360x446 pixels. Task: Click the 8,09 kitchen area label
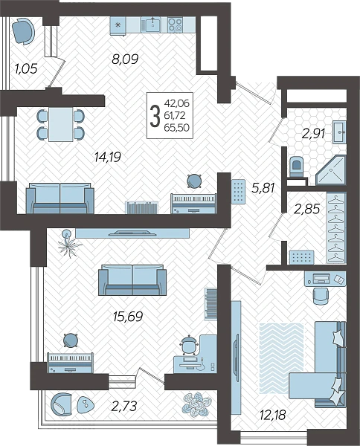point(125,59)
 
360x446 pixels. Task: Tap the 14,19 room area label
point(108,157)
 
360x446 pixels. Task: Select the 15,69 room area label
point(127,317)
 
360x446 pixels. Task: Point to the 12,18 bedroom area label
point(272,415)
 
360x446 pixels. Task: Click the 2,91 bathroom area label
point(313,133)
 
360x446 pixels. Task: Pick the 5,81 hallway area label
point(263,188)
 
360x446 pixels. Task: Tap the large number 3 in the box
point(155,115)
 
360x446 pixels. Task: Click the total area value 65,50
point(176,127)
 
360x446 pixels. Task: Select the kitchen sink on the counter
point(151,24)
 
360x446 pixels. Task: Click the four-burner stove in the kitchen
point(175,25)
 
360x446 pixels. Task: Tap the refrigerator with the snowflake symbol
point(118,25)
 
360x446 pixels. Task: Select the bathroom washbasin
point(339,132)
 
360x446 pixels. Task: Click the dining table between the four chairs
point(60,124)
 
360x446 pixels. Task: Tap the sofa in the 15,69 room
point(132,280)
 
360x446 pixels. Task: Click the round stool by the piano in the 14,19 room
point(195,181)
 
